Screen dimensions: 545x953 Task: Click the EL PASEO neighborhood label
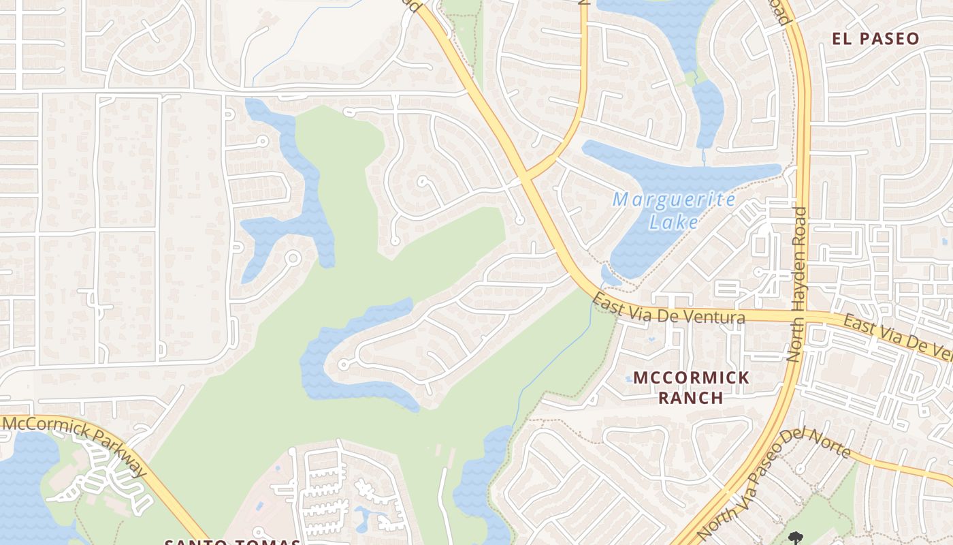click(875, 39)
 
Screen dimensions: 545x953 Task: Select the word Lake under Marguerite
click(674, 222)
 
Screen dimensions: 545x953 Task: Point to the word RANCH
click(691, 398)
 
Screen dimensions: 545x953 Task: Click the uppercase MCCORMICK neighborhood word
click(691, 377)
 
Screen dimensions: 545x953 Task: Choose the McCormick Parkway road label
click(75, 444)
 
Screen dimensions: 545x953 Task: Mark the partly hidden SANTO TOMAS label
click(231, 542)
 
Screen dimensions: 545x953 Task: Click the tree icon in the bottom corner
click(794, 538)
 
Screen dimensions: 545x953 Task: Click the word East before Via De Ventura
click(607, 303)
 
